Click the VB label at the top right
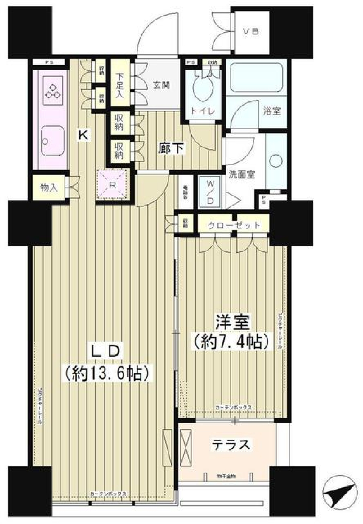point(250,31)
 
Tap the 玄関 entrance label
point(161,85)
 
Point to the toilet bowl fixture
point(203,87)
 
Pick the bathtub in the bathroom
point(256,77)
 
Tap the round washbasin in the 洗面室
point(276,161)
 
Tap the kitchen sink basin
point(53,141)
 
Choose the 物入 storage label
point(49,187)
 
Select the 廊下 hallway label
point(171,149)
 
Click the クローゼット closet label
point(234,225)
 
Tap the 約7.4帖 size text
point(232,342)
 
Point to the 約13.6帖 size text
point(106,374)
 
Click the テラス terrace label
point(230,444)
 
